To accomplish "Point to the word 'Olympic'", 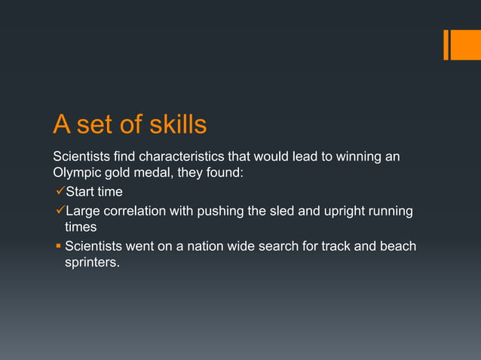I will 74,175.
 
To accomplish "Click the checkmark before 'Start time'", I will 58,192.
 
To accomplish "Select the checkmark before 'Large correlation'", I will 58,210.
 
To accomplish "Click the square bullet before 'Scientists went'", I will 57,246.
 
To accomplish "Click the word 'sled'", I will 281,210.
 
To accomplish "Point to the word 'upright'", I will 340,210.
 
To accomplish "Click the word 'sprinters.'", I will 92,264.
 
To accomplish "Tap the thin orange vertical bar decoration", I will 446,44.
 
